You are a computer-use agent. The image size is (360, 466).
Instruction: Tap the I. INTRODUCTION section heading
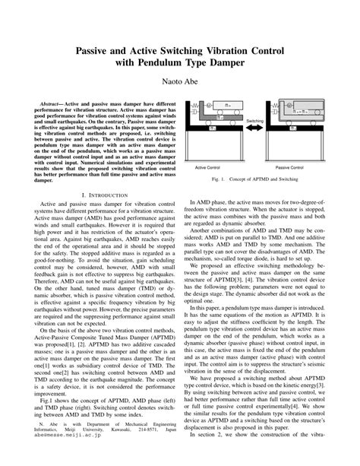point(93,195)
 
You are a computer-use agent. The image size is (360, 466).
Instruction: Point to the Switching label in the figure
point(254,121)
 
